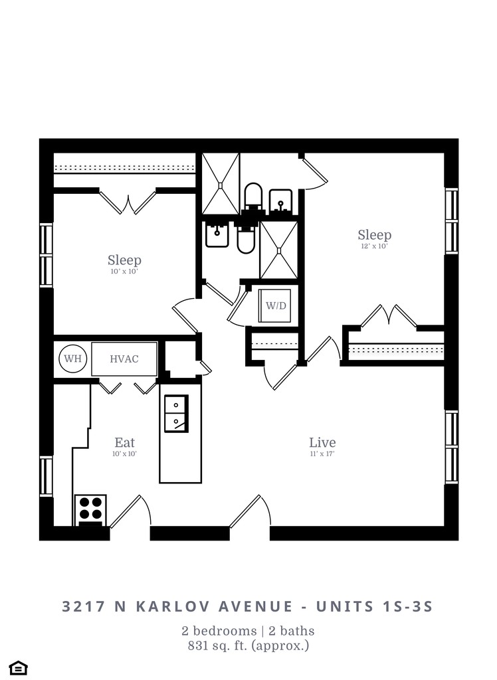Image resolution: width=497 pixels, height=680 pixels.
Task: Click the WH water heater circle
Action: pos(72,359)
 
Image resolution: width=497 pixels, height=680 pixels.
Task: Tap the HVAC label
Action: pos(124,359)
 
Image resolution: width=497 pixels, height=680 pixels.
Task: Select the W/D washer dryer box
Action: pos(276,306)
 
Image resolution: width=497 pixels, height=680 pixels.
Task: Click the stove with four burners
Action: pos(90,509)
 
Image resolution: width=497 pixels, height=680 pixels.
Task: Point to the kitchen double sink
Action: pos(176,412)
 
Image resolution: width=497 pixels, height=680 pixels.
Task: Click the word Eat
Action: pos(124,442)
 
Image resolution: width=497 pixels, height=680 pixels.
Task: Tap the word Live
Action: pos(322,442)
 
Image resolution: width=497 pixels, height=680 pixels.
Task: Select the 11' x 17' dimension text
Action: pos(322,454)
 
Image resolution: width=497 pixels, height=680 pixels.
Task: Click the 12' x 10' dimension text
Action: pos(374,246)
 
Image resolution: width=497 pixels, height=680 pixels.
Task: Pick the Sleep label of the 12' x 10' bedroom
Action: pos(374,235)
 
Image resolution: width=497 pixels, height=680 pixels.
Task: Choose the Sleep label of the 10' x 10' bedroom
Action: pos(124,260)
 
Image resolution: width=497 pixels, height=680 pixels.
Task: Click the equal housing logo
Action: pos(18,666)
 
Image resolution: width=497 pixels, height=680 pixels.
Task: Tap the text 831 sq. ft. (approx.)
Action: pos(248,644)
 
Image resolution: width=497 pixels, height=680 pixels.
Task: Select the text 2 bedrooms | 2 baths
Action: pos(248,630)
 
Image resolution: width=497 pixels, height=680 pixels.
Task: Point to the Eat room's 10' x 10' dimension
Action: pos(124,454)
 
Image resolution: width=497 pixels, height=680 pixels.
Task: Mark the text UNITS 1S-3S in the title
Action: pos(375,606)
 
